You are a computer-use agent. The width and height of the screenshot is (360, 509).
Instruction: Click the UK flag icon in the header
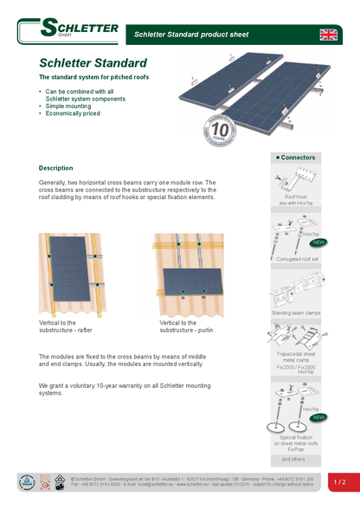pos(330,34)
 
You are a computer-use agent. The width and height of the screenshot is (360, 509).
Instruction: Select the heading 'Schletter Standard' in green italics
pos(93,63)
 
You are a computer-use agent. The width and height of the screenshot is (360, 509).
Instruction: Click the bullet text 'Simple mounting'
pos(68,106)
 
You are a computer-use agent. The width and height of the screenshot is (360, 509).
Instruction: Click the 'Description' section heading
pos(56,168)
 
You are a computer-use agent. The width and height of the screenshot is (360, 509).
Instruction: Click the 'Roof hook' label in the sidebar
pos(295,197)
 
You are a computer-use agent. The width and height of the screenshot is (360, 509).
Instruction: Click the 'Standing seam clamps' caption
pos(296,312)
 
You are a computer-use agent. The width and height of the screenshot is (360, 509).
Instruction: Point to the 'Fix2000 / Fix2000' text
pos(295,367)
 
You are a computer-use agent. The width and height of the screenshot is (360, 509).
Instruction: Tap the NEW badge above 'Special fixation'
pos(318,417)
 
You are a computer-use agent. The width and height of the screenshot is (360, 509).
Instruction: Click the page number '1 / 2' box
pos(340,481)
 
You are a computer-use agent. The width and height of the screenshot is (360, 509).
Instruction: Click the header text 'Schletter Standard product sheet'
pos(191,35)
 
